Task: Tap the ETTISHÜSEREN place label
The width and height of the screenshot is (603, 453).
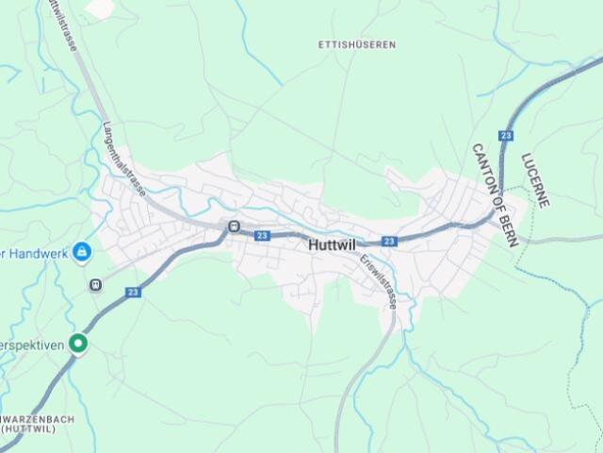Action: pos(357,44)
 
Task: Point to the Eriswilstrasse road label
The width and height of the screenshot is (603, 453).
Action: pos(378,281)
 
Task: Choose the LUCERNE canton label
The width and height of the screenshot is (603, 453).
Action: pos(534,180)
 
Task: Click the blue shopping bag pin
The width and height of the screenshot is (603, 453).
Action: pos(82,251)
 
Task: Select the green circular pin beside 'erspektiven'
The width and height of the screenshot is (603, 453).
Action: pos(80,344)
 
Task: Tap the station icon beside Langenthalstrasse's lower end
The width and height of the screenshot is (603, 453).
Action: pos(233,226)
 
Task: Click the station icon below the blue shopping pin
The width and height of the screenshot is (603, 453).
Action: pos(95,284)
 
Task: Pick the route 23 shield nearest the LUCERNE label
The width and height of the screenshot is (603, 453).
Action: pos(507,136)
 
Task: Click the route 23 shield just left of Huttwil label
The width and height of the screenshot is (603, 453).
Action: pos(262,236)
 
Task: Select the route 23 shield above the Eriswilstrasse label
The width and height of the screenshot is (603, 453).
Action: pos(389,242)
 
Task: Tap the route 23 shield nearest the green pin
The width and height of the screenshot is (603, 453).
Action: pos(131,293)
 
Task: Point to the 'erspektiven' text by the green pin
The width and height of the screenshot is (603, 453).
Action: pos(32,344)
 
